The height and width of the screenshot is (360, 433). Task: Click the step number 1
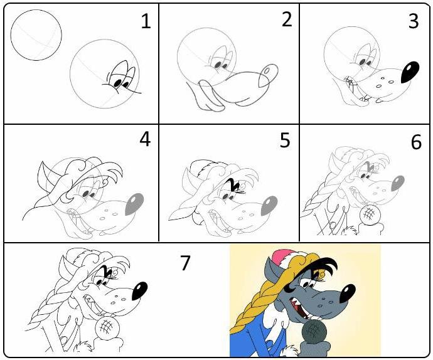(146, 21)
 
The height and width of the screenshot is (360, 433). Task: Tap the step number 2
(287, 19)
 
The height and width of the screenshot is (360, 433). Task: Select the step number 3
(414, 21)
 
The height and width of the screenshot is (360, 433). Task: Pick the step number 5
(285, 140)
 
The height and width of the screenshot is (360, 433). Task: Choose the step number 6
(417, 142)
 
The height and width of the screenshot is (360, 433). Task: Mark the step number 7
(185, 263)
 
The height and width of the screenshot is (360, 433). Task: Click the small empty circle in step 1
(36, 35)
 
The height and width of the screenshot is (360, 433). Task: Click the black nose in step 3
(410, 72)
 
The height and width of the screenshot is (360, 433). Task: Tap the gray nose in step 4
(134, 204)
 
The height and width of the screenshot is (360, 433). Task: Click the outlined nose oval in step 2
(268, 75)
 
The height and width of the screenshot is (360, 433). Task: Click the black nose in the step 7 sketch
(139, 291)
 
